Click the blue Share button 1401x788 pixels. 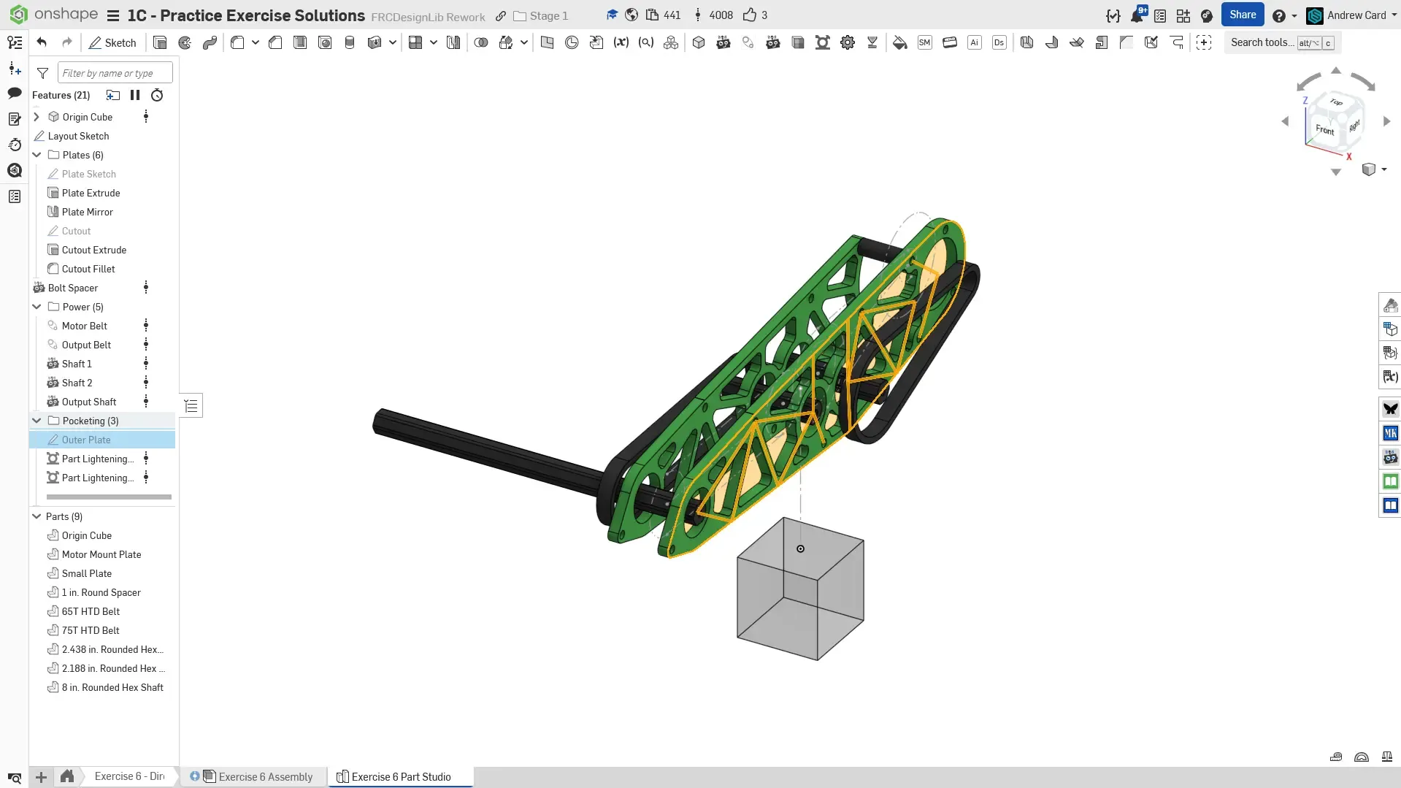tap(1242, 15)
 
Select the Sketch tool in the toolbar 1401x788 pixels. tap(112, 42)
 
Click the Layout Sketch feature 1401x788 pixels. tap(78, 136)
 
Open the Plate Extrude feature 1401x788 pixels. tap(91, 193)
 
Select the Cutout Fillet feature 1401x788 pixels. tap(88, 269)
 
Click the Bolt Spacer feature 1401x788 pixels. tap(72, 288)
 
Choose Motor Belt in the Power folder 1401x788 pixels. tap(84, 326)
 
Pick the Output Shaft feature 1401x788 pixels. tap(88, 402)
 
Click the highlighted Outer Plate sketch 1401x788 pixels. tap(86, 440)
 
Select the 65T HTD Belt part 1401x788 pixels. tap(91, 611)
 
